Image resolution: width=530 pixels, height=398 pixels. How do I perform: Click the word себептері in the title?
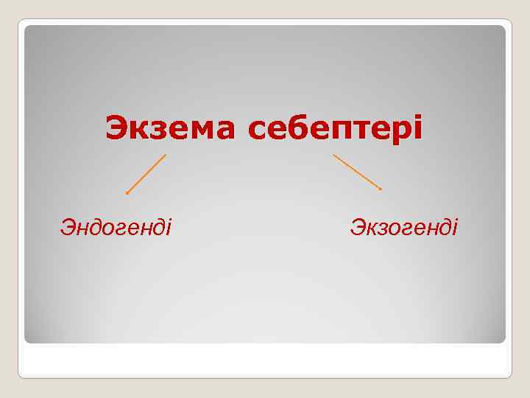[336, 130]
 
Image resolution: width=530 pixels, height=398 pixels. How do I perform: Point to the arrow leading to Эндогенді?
[146, 174]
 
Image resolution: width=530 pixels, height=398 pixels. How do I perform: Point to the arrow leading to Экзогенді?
[357, 172]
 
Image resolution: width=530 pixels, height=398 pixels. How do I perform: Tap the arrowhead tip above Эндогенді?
[127, 193]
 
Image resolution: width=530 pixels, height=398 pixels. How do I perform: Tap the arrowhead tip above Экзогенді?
[381, 189]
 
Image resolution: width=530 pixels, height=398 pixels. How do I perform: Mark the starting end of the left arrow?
[166, 155]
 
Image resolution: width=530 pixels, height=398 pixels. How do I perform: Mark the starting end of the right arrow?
[333, 155]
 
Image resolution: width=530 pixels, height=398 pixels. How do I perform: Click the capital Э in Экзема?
[116, 128]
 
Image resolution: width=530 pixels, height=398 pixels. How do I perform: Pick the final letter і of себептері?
[419, 128]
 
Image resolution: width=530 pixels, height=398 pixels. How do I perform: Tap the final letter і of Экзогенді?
[454, 226]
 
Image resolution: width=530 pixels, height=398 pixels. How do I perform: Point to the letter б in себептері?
[305, 128]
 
